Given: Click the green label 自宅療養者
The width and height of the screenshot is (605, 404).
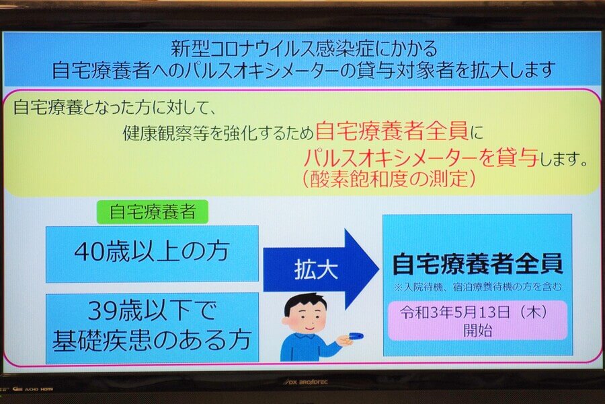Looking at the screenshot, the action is click(153, 212).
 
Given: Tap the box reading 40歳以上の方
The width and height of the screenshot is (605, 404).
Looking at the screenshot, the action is click(152, 254).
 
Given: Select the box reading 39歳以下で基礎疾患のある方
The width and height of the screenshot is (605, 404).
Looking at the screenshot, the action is click(152, 328).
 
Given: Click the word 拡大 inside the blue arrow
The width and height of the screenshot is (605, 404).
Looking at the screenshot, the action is click(316, 269).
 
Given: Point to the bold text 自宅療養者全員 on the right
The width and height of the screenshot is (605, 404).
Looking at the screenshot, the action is click(478, 264).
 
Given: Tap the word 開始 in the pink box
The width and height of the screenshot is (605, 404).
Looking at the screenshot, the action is click(478, 331).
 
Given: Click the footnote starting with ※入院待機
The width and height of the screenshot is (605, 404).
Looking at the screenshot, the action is click(478, 287).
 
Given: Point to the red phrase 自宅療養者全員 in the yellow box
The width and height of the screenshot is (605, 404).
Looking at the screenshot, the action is click(392, 131).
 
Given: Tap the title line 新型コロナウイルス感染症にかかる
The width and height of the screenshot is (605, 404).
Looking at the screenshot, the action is click(304, 49).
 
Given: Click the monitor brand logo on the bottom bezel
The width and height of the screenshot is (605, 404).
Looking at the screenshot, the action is click(306, 382).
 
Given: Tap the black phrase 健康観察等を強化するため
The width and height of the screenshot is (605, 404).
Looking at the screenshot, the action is click(218, 133).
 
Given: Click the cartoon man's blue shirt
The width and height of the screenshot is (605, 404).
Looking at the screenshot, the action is click(305, 347).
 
